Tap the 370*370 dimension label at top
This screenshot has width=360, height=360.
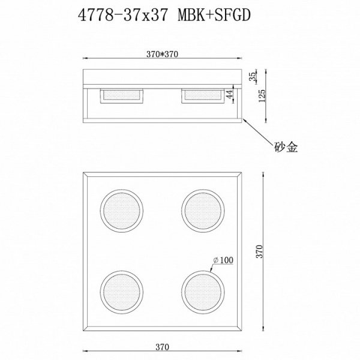tap(163, 54)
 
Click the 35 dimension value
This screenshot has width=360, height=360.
tap(253, 77)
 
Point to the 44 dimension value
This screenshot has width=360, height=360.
tap(230, 95)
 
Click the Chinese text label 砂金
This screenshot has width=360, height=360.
tap(286, 146)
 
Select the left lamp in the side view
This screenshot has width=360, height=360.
tap(122, 95)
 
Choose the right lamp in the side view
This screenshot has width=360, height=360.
tap(202, 95)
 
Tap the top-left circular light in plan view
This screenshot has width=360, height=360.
tap(122, 211)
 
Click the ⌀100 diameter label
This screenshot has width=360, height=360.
tap(223, 260)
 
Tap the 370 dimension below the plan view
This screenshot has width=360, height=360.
tap(163, 347)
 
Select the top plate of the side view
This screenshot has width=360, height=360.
tap(163, 77)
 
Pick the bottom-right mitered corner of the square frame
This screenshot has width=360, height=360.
tap(241, 329)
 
